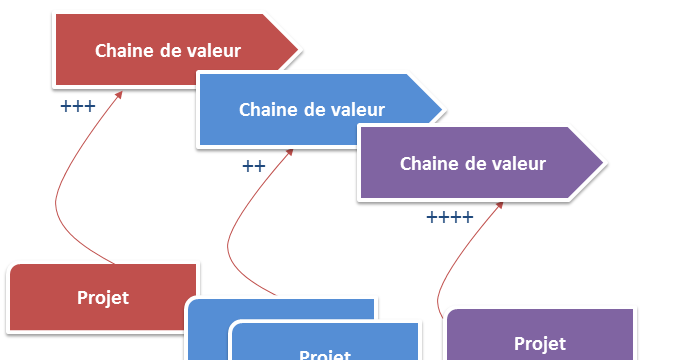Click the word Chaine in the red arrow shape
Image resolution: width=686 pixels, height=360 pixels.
pos(124,51)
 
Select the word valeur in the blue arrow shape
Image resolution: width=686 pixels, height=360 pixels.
pos(357,109)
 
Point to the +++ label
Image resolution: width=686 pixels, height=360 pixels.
pos(77,105)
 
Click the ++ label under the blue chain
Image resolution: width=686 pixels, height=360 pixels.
pos(253,165)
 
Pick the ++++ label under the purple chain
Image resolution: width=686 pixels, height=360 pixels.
pos(449,217)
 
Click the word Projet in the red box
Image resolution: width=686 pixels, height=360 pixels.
pos(103,297)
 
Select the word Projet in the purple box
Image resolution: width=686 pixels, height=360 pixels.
pos(539,344)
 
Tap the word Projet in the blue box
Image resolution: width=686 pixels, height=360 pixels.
pos(325,354)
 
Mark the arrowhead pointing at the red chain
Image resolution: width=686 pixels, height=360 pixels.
pos(119,94)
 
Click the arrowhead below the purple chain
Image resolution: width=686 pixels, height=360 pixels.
pos(498,206)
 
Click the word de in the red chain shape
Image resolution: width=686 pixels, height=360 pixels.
pos(171,51)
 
